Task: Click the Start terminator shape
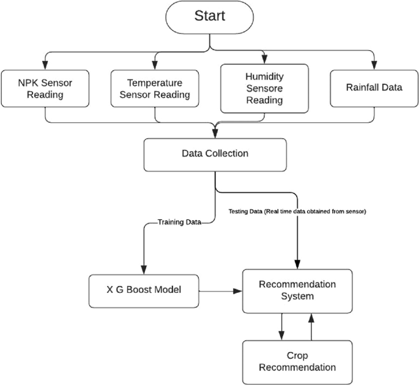click(x=210, y=16)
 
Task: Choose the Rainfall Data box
click(x=374, y=87)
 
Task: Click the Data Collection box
click(x=215, y=154)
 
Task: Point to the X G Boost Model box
click(x=144, y=290)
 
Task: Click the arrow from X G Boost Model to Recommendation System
click(x=220, y=291)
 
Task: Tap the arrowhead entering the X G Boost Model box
click(x=144, y=268)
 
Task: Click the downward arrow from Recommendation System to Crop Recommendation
click(x=281, y=326)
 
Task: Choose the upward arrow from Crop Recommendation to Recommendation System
click(x=312, y=326)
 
